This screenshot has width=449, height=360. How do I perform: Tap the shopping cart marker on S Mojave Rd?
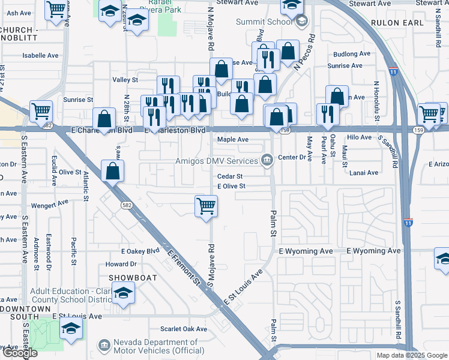click(x=206, y=207)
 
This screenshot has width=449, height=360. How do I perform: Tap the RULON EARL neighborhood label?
click(x=397, y=23)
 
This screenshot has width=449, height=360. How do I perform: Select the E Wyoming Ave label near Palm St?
click(x=306, y=251)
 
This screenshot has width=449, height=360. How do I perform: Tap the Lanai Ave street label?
click(x=365, y=173)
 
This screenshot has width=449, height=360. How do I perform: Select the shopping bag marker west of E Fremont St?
click(x=112, y=170)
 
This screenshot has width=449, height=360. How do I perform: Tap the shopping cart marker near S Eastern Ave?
click(x=41, y=110)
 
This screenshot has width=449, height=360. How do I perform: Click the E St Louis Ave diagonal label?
click(x=243, y=287)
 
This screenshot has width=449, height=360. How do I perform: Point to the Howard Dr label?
click(x=121, y=264)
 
